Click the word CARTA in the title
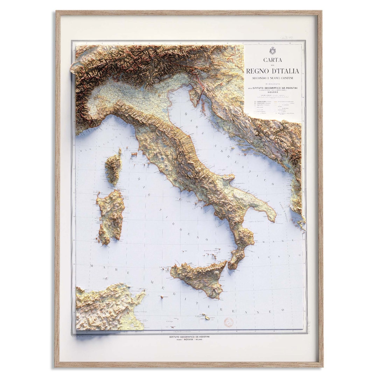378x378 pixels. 273,60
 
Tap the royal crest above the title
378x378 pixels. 273,50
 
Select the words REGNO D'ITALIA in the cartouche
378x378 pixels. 273,71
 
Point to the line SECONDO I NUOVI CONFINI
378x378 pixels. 273,78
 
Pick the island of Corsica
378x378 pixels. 113,167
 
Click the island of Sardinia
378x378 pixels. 111,217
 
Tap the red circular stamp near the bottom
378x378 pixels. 229,322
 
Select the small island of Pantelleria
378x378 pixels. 162,297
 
